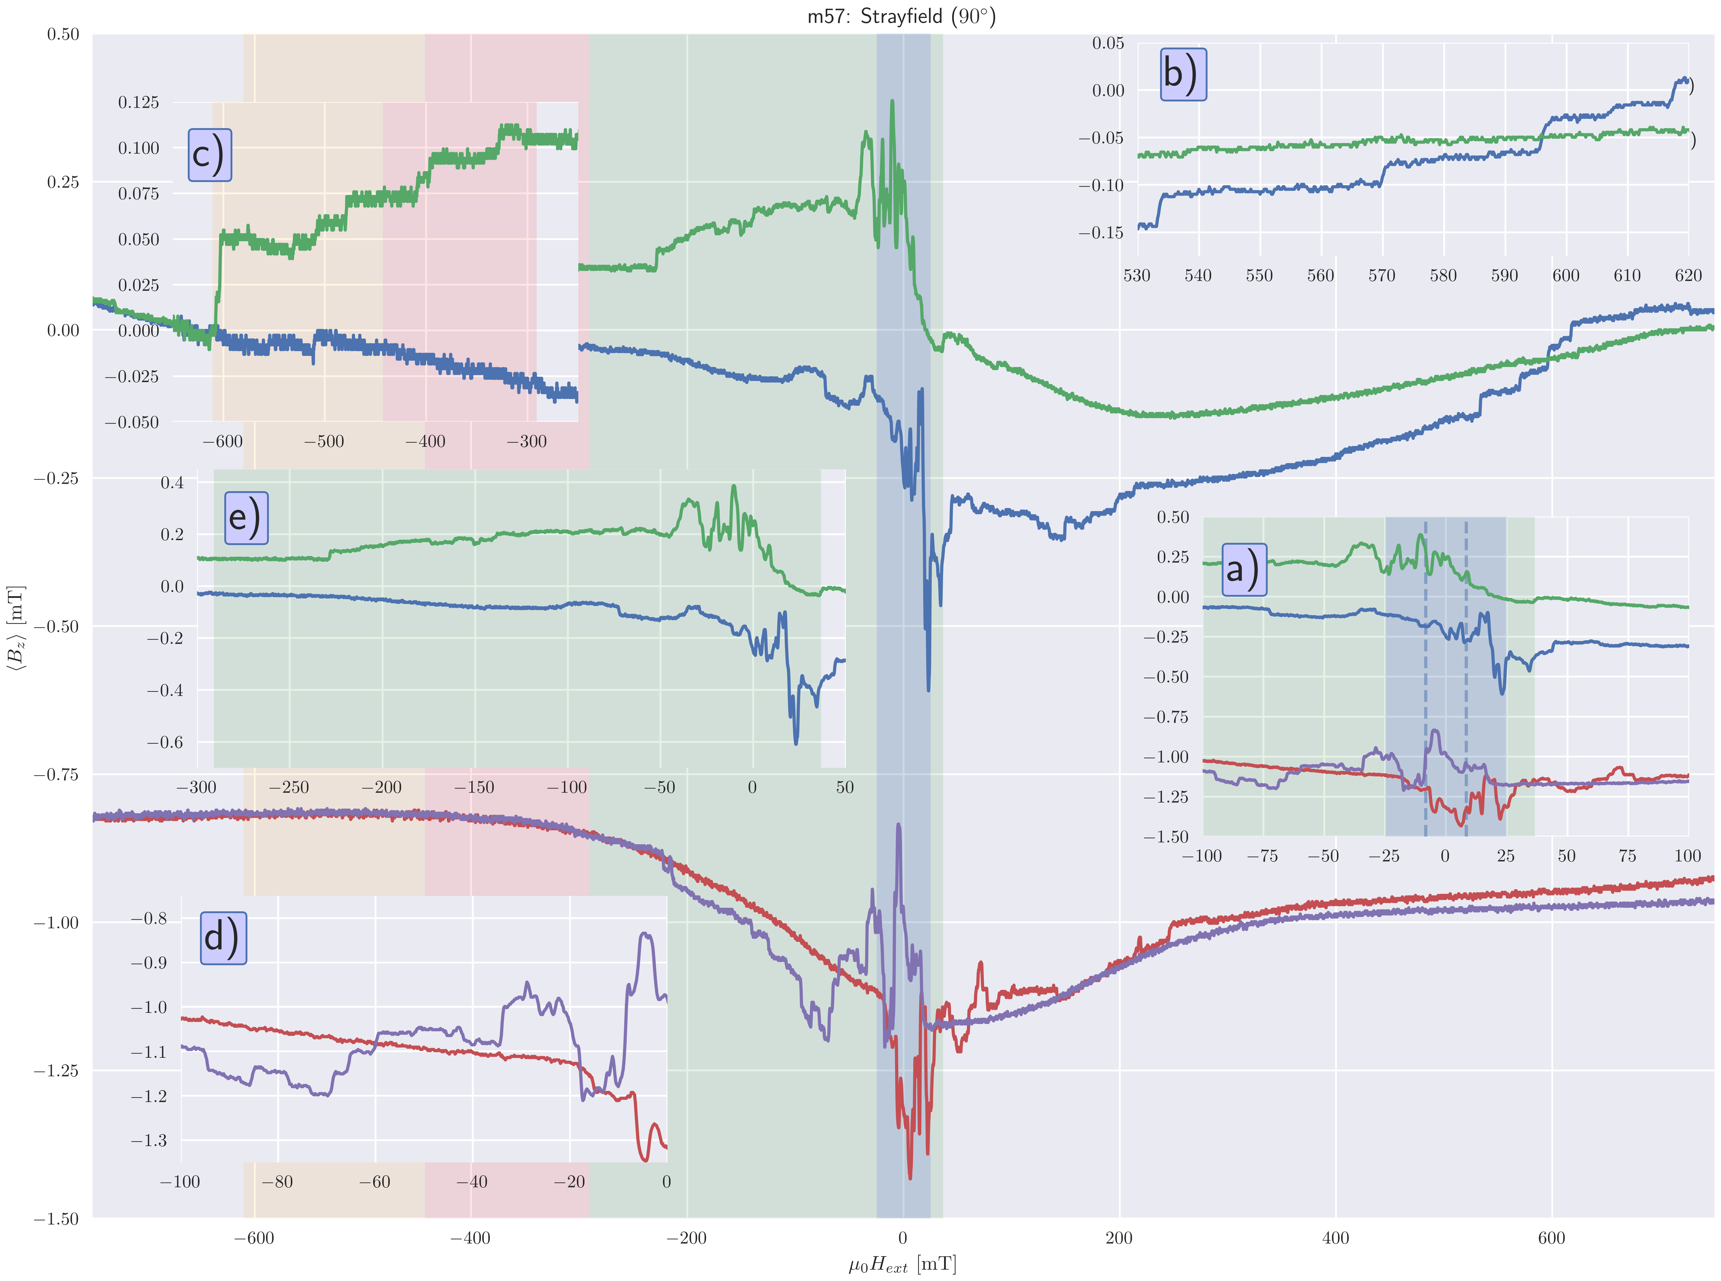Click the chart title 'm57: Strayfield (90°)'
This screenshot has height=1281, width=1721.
click(901, 16)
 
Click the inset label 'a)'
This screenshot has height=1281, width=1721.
click(1244, 570)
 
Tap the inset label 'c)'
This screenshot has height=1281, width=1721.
click(209, 155)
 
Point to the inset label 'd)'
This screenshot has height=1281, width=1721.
click(223, 938)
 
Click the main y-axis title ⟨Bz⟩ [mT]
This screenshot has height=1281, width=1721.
click(17, 626)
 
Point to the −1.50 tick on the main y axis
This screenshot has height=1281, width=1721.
click(56, 1218)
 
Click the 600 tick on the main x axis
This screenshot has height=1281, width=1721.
click(1551, 1238)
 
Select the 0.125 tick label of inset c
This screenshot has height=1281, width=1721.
click(138, 102)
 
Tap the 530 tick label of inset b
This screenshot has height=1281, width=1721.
click(1137, 275)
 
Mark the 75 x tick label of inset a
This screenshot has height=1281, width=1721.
click(1626, 856)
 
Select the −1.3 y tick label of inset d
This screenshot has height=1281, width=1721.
click(149, 1141)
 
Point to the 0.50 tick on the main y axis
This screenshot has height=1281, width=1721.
click(62, 34)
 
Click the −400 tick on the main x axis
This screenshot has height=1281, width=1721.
click(470, 1238)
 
